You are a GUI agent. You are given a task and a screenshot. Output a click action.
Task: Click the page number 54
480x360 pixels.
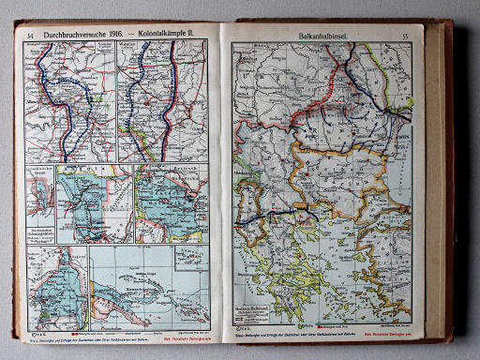31,34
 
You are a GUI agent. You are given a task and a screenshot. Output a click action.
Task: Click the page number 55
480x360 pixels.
405,36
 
